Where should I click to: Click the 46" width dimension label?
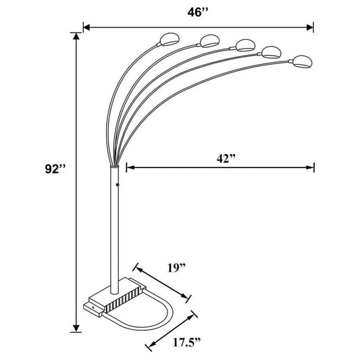coord(195,11)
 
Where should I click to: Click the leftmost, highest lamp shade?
coord(168,36)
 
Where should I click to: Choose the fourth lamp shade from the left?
coord(271,53)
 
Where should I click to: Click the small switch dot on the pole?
coord(118,184)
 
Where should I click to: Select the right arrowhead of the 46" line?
coord(311,28)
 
